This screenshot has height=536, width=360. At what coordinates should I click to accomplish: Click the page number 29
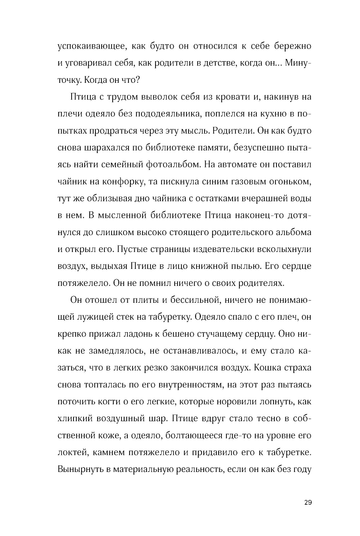pos(307,503)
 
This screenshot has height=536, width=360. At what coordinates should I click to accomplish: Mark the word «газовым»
pos(248,182)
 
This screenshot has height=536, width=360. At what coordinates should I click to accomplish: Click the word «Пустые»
pos(134,249)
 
